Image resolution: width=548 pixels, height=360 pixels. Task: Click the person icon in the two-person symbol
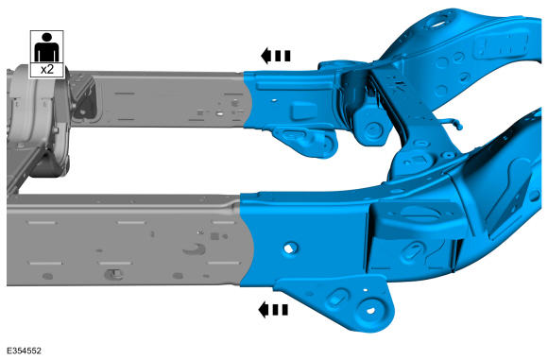pyautogui.click(x=47, y=47)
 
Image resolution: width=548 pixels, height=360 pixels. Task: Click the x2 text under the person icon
pyautogui.click(x=47, y=70)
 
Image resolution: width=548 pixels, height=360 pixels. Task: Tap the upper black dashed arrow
pyautogui.click(x=275, y=56)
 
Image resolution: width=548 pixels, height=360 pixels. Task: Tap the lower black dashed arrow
pyautogui.click(x=273, y=310)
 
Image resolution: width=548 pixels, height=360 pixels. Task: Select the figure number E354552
pyautogui.click(x=24, y=351)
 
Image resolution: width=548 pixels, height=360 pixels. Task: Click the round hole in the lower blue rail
pyautogui.click(x=290, y=248)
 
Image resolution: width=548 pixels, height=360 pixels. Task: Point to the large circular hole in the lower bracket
pyautogui.click(x=370, y=310)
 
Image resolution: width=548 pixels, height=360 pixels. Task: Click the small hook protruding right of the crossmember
pyautogui.click(x=453, y=123)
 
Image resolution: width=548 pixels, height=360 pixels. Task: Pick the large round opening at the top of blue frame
pyautogui.click(x=437, y=24)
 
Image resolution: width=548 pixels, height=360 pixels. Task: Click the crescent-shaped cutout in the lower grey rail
pyautogui.click(x=195, y=249)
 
